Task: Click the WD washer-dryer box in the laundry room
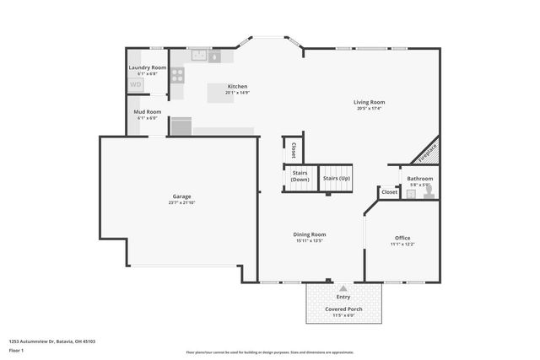pyautogui.click(x=136, y=84)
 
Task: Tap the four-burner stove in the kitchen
pyautogui.click(x=178, y=74)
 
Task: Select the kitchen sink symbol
pyautogui.click(x=199, y=56)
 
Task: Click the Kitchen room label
pyautogui.click(x=237, y=86)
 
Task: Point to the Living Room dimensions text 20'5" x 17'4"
pyautogui.click(x=369, y=108)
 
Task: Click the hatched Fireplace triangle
pyautogui.click(x=428, y=153)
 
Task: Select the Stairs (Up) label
pyautogui.click(x=336, y=179)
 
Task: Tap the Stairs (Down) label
pyautogui.click(x=300, y=177)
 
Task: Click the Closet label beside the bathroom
pyautogui.click(x=389, y=192)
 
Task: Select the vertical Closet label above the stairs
pyautogui.click(x=293, y=150)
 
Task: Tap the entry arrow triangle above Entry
pyautogui.click(x=343, y=288)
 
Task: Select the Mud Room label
pyautogui.click(x=147, y=111)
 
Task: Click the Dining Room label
pyautogui.click(x=310, y=234)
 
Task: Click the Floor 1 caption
pyautogui.click(x=16, y=350)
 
